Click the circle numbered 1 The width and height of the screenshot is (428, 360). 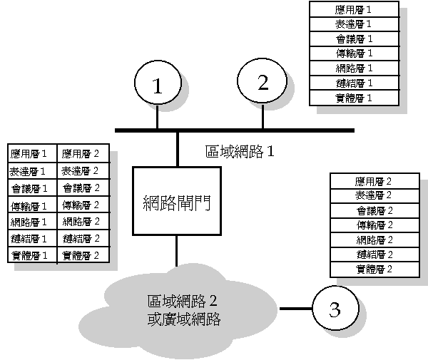[x=158, y=85]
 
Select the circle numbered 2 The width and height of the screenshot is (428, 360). [x=263, y=83]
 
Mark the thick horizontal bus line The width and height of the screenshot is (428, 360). [x=235, y=130]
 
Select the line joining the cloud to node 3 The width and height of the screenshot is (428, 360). [x=295, y=309]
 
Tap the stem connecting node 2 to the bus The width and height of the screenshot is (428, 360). [x=263, y=115]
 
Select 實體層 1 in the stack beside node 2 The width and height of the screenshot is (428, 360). [x=353, y=98]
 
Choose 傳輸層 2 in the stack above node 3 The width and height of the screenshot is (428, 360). [x=374, y=225]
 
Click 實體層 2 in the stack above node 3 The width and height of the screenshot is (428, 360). [x=374, y=269]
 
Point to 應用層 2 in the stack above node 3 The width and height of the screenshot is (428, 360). [x=374, y=180]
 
